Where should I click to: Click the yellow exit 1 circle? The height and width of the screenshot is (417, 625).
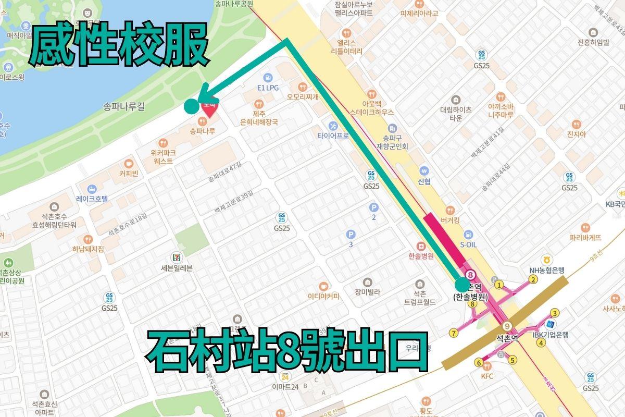click(x=499, y=285)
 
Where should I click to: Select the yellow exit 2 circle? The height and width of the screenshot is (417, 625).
click(x=533, y=279)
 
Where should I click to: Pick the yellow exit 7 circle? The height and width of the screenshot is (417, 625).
click(x=454, y=333)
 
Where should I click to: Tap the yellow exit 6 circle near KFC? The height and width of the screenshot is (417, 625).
click(x=478, y=363)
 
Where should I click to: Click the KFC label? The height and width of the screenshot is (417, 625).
click(x=487, y=376)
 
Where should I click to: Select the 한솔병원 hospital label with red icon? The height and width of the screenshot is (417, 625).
click(x=421, y=256)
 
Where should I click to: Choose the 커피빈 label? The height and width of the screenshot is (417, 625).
click(x=128, y=174)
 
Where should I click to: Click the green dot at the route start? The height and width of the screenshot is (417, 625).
click(x=462, y=285)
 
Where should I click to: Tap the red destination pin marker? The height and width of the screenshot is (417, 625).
click(x=209, y=108)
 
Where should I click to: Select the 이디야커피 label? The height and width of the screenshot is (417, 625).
click(x=323, y=296)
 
